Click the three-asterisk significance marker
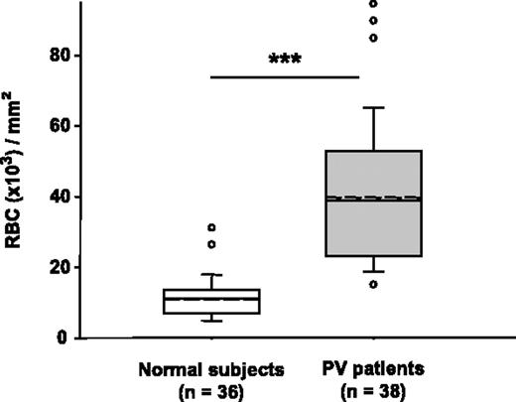pos(285,59)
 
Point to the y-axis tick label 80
pos(66,56)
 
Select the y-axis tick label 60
pos(66,126)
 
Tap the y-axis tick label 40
pos(66,197)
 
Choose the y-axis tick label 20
pos(66,267)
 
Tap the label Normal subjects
pos(211,369)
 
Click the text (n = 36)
pos(211,390)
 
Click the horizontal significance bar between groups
pos(285,76)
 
